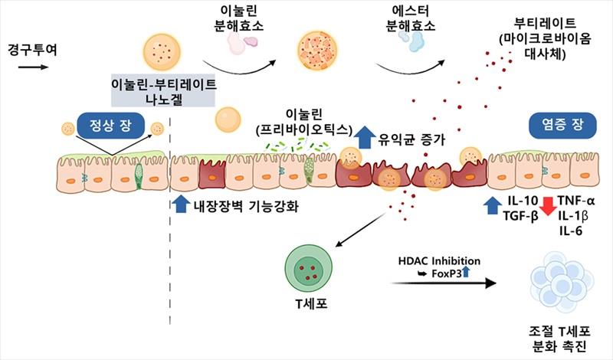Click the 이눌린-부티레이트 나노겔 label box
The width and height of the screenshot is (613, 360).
pyautogui.click(x=164, y=91)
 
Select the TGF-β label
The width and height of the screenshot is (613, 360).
pyautogui.click(x=520, y=216)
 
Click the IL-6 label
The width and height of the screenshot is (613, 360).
pyautogui.click(x=571, y=229)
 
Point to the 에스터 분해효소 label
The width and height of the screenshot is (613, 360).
pyautogui.click(x=411, y=17)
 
